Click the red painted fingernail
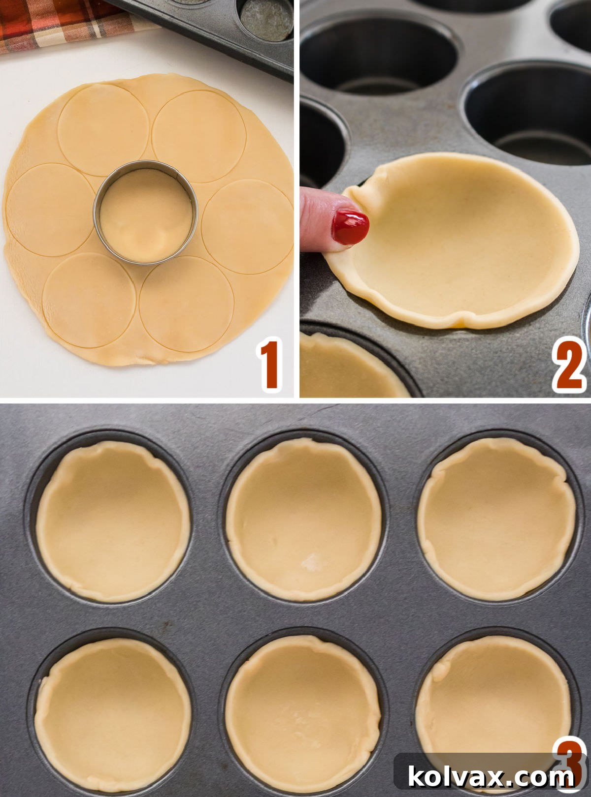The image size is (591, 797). pyautogui.click(x=350, y=227)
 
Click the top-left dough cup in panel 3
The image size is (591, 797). pyautogui.click(x=113, y=521)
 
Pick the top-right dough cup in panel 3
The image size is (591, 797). pyautogui.click(x=496, y=519)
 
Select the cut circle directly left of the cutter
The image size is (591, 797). pyautogui.click(x=49, y=209)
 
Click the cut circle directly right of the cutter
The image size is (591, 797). pyautogui.click(x=248, y=225)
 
